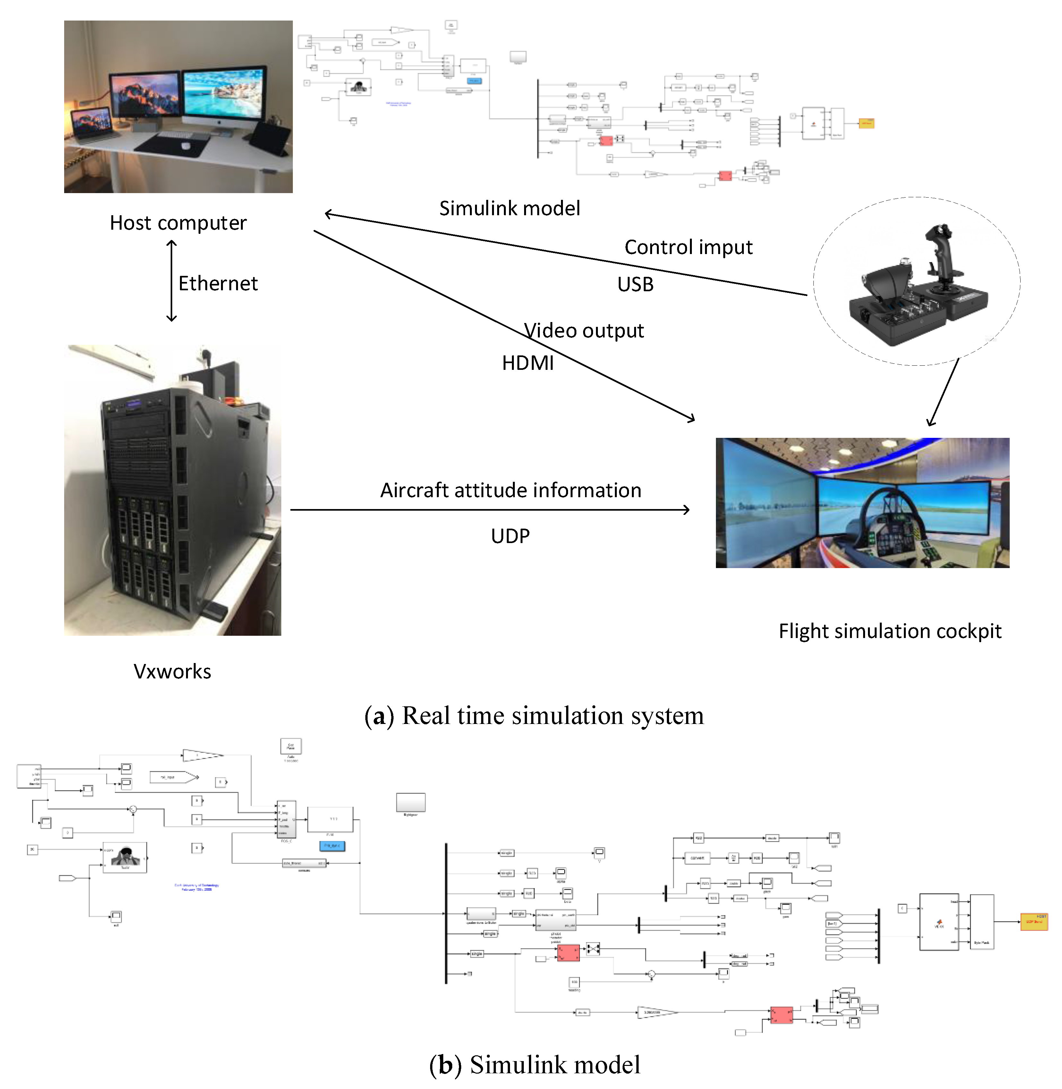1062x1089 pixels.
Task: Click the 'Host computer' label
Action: tap(178, 223)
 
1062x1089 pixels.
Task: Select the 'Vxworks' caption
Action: tap(172, 671)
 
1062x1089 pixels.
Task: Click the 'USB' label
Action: tap(635, 285)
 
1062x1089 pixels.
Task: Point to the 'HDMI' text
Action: tap(528, 363)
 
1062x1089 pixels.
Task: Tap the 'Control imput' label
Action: tap(688, 247)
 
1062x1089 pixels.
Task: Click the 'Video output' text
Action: tap(583, 330)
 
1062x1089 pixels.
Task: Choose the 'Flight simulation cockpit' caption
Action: tap(890, 631)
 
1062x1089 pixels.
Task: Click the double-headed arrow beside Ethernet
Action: tap(172, 281)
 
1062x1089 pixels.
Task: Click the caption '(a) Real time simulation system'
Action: tap(534, 716)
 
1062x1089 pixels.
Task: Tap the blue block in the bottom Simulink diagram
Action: tap(332, 846)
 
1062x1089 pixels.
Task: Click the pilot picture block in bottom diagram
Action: tap(125, 856)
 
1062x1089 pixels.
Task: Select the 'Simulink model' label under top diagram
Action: tap(509, 208)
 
